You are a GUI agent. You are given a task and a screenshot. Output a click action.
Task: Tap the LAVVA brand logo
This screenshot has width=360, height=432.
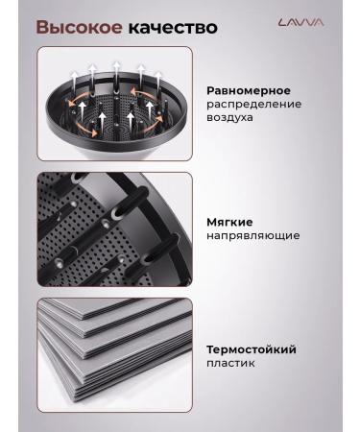point(300,22)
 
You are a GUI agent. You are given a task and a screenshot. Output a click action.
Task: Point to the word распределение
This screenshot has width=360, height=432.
point(253,103)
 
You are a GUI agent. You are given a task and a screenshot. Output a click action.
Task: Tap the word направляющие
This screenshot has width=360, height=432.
point(252,235)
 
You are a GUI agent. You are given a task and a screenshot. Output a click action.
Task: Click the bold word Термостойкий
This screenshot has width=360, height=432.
point(252,349)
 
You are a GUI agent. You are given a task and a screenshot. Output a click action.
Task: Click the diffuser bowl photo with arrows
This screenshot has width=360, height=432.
point(115,105)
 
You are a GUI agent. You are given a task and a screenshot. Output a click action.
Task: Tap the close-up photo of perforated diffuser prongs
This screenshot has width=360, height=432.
point(115,228)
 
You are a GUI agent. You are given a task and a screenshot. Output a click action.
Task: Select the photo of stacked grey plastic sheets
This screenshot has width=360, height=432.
point(115,352)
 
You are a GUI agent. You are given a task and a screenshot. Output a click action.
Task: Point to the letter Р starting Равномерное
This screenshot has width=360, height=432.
point(211,89)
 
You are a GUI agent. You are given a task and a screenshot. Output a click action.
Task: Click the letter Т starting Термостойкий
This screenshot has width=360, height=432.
point(211,349)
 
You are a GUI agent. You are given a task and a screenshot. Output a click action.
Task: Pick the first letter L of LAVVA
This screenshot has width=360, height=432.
point(280,22)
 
